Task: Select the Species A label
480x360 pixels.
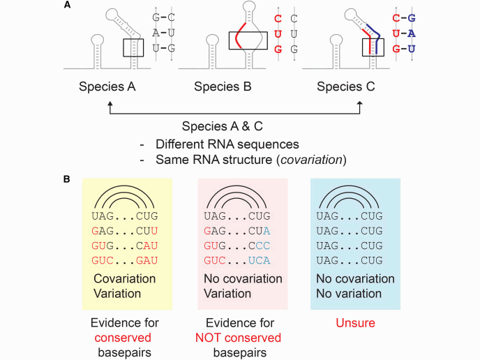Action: [x=107, y=87]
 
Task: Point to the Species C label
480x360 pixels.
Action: [x=345, y=87]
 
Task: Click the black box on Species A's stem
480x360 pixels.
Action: [x=133, y=48]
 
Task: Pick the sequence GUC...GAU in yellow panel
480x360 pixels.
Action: [x=125, y=260]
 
